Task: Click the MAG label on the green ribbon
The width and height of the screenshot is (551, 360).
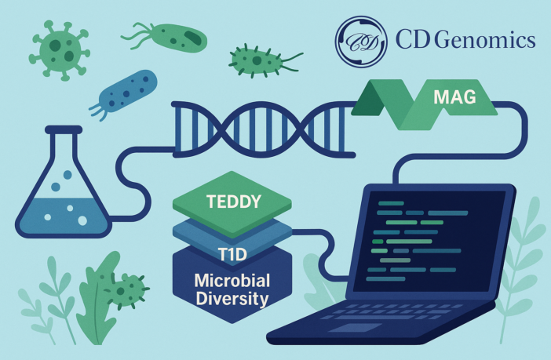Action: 454,96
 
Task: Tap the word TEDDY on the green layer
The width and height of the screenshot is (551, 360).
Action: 234,202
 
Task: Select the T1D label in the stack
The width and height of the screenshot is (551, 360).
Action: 232,255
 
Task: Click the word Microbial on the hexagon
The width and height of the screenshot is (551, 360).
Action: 232,281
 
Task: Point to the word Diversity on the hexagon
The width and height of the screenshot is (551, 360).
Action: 232,299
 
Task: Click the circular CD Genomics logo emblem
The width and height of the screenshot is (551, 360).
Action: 361,42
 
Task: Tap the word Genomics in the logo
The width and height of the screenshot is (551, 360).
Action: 487,40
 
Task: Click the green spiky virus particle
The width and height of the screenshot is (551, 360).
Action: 60,50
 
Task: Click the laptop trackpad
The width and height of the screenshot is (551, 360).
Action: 355,328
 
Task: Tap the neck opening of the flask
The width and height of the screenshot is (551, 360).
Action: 64,129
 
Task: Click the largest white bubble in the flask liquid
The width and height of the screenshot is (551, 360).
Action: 82,220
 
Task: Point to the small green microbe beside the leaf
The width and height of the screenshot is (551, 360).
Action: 126,291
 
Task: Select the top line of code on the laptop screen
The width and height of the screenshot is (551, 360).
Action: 391,203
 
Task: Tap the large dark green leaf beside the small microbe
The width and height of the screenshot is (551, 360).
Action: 97,299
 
